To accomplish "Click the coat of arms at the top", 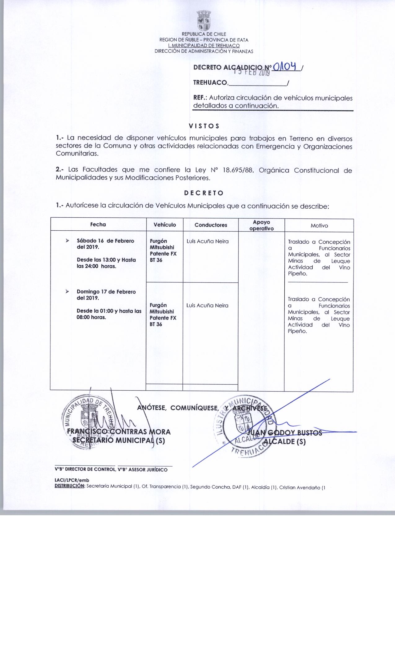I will tap(204, 20).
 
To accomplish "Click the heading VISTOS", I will tap(204, 126).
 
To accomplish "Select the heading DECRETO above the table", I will tap(204, 193).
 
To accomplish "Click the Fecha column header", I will tap(98, 224).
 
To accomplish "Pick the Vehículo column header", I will tap(165, 225).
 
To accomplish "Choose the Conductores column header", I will tap(211, 225).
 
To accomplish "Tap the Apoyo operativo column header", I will tap(261, 225).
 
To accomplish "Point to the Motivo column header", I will tap(319, 226).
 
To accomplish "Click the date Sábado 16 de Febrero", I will tap(105, 241).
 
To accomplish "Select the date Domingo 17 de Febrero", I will tap(106, 292).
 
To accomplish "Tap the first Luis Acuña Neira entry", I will tap(208, 241).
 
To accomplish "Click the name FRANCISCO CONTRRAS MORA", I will tap(119, 432).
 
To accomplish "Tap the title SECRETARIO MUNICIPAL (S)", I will tap(119, 441).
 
